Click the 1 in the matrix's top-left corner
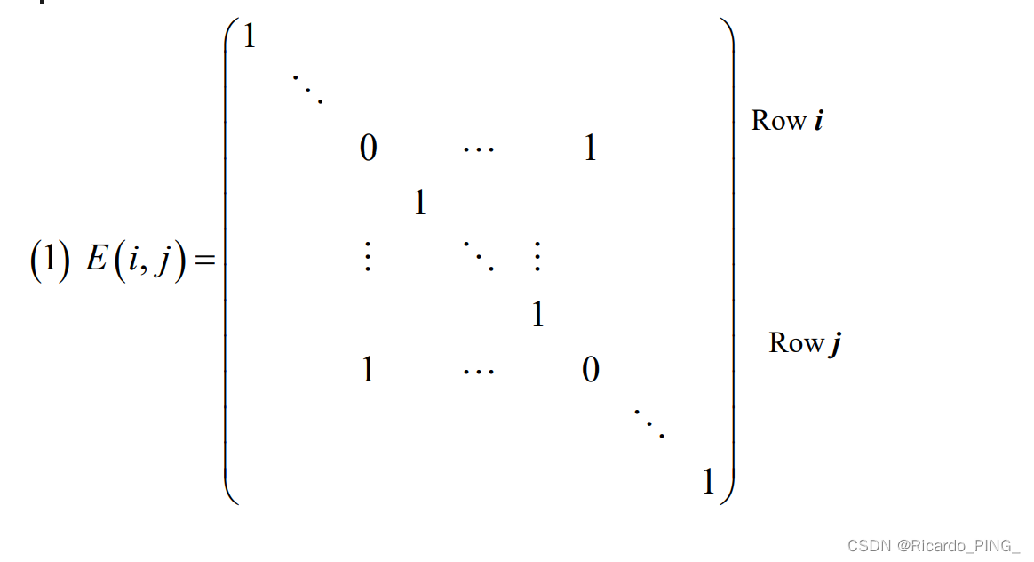(x=249, y=38)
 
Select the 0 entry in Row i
(x=368, y=149)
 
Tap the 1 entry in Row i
(x=590, y=149)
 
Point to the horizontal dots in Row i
(x=479, y=149)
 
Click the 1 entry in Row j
(x=368, y=369)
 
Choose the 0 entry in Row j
(x=591, y=369)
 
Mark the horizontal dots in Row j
(x=479, y=370)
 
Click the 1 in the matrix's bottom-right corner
(x=708, y=483)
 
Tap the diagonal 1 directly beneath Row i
(x=420, y=205)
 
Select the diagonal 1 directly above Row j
(x=537, y=315)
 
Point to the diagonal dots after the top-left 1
(x=307, y=88)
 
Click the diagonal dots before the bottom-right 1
(x=650, y=423)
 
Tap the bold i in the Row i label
(x=817, y=120)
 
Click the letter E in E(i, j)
(x=96, y=264)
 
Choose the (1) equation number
(x=50, y=264)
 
